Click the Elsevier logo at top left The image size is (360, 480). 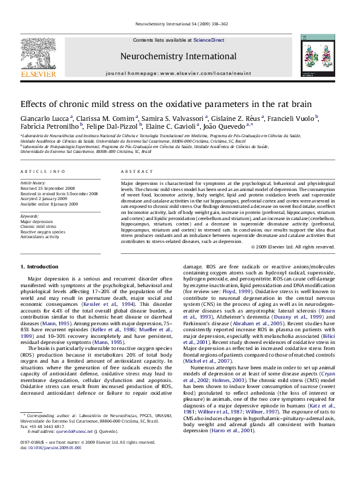[38, 57]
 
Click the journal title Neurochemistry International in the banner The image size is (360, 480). [179, 54]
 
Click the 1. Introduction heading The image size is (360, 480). [39, 266]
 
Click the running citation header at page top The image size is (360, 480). [179, 24]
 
